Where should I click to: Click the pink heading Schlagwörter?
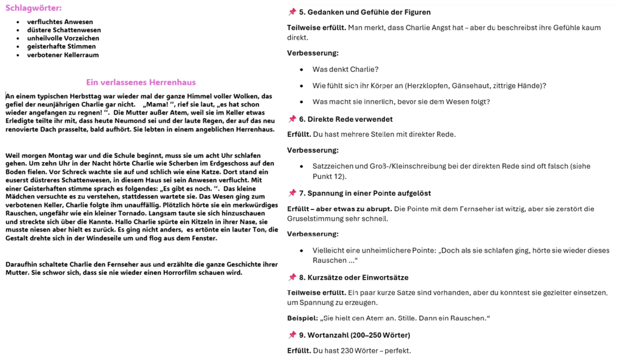coord(34,8)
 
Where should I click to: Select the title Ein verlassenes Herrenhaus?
coord(140,83)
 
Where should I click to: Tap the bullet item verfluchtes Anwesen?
coord(60,22)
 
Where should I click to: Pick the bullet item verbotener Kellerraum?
coord(63,55)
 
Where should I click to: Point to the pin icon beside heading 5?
coord(292,12)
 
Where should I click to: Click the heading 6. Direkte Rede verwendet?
coord(346,119)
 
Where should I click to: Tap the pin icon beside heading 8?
coord(292,277)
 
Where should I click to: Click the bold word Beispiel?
coord(303,318)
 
